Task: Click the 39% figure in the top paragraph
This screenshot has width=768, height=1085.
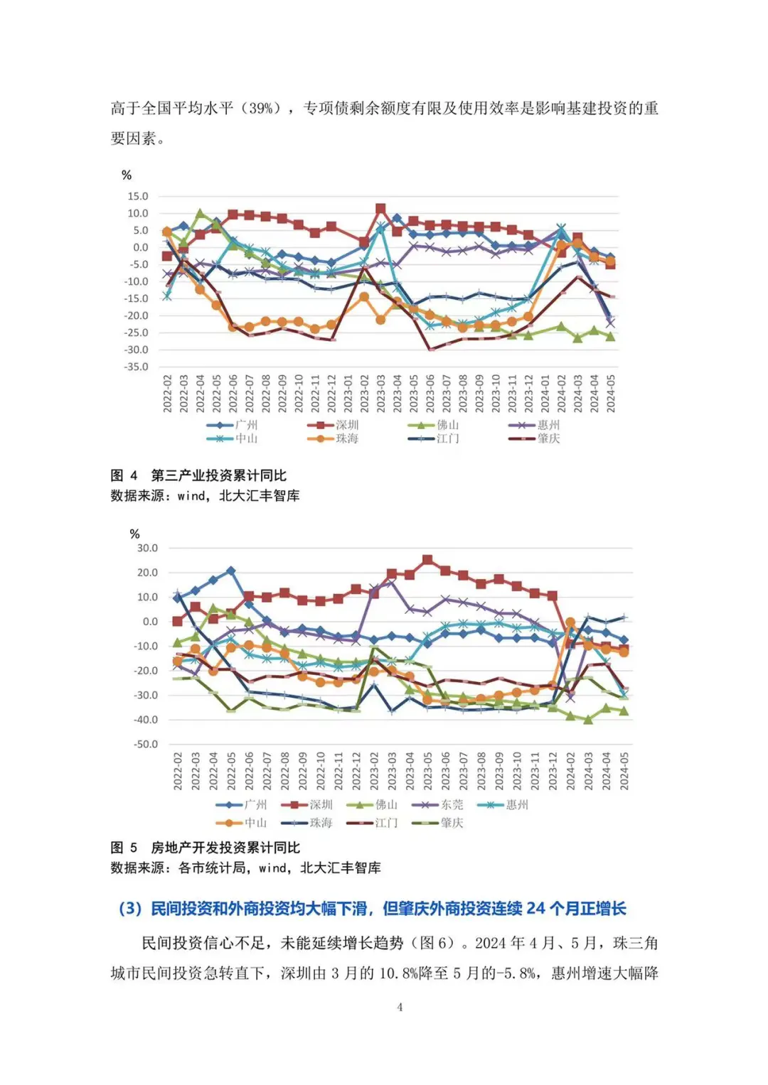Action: click(x=261, y=109)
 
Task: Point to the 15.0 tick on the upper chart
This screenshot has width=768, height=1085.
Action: click(x=138, y=196)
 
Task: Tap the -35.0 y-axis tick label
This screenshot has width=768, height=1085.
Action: click(x=137, y=367)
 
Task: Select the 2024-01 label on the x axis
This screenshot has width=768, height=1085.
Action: click(x=545, y=393)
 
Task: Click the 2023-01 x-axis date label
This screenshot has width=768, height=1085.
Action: click(x=348, y=393)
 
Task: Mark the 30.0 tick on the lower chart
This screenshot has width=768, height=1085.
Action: click(x=147, y=548)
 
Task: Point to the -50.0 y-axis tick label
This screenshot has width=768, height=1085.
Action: click(x=146, y=744)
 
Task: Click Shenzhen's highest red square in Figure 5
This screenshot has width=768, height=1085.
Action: click(x=427, y=561)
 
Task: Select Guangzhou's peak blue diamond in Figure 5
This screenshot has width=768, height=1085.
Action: click(x=230, y=571)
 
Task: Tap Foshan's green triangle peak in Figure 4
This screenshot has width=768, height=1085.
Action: click(x=200, y=213)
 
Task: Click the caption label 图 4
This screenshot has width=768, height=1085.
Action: click(x=124, y=475)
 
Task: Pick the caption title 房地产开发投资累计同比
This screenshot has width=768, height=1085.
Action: click(x=225, y=848)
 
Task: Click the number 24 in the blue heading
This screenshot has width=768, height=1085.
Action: click(x=536, y=908)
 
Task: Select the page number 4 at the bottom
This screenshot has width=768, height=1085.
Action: click(x=400, y=1007)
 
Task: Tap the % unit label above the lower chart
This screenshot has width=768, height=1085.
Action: click(x=134, y=534)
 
